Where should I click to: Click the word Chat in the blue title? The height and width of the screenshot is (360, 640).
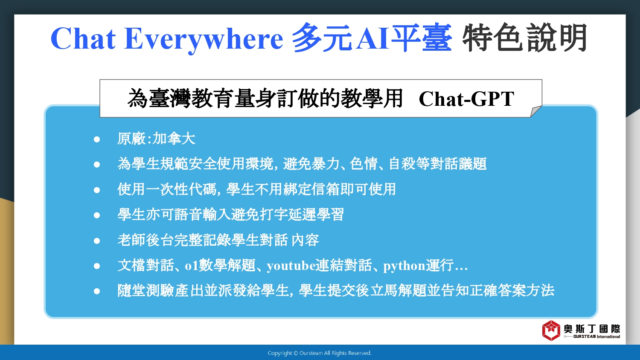[83, 38]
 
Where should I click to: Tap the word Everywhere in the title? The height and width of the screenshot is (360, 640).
[204, 40]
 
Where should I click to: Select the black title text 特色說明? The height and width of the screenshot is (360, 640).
[524, 38]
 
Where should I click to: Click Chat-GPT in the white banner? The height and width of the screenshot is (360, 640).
[467, 99]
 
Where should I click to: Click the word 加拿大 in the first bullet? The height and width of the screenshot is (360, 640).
[174, 139]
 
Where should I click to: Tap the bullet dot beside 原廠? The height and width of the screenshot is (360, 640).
[97, 139]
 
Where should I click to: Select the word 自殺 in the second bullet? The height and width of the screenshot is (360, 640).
[402, 164]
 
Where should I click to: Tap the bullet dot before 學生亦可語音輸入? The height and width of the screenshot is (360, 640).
[97, 215]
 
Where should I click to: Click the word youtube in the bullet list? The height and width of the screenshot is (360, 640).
[291, 266]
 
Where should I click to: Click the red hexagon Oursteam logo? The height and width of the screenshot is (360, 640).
[551, 331]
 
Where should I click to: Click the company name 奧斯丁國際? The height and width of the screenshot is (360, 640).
[592, 329]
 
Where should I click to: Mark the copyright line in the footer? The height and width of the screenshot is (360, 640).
[320, 353]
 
